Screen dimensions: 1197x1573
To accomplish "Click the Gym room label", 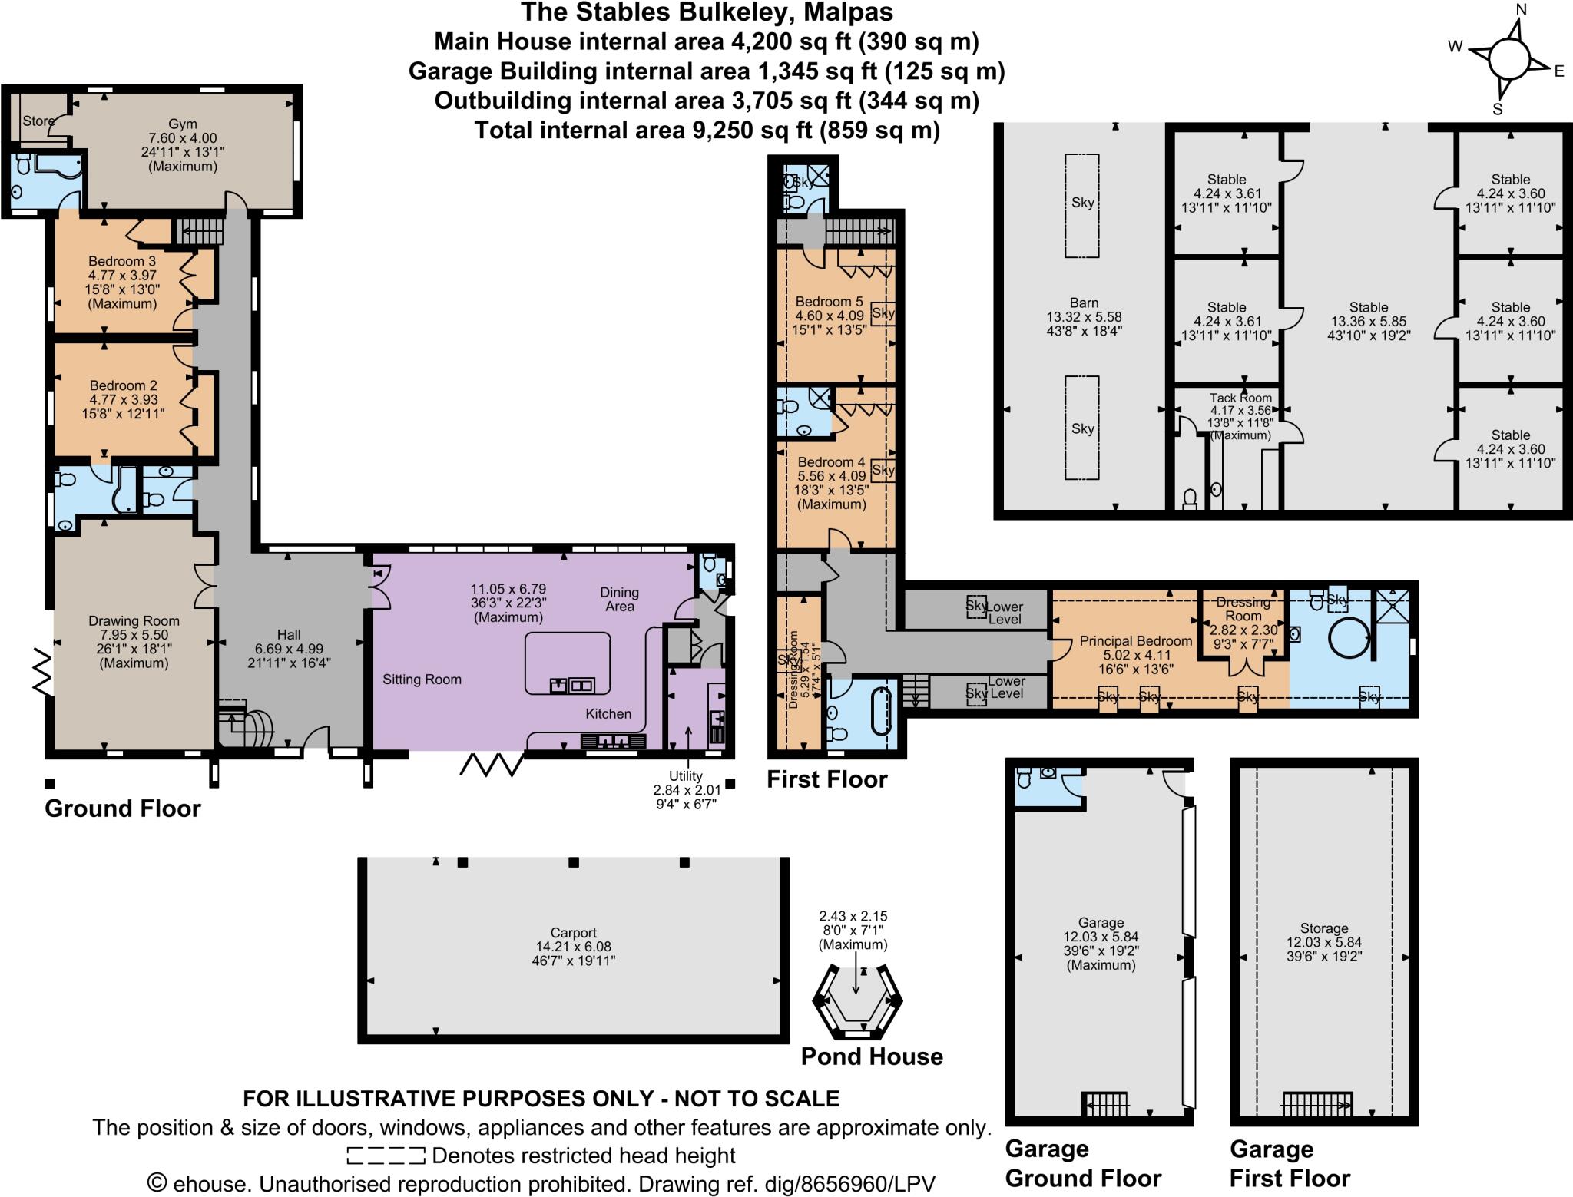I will tap(183, 124).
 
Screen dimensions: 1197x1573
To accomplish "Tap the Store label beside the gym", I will tap(38, 121).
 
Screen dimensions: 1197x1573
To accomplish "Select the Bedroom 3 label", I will tap(122, 262).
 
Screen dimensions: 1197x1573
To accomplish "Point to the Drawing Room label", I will tap(134, 621).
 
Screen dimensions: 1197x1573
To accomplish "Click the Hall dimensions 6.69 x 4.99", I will tap(289, 648).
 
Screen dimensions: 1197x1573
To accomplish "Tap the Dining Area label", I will tap(619, 599).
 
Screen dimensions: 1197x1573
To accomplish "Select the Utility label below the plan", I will tap(685, 776).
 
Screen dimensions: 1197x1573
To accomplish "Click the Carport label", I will tap(573, 934).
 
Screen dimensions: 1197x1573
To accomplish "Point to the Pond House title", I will tap(872, 1056).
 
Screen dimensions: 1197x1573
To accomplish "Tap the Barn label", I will tap(1084, 303).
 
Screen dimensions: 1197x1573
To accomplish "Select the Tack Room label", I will tap(1240, 398).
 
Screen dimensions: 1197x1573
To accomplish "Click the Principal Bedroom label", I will tap(1136, 641).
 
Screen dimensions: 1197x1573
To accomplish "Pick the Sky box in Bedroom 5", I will tap(883, 313).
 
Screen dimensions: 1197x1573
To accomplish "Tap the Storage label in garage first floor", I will tap(1324, 928).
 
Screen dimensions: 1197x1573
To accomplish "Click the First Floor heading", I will tap(827, 780).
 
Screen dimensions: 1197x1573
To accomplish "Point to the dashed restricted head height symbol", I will tap(386, 1156).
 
